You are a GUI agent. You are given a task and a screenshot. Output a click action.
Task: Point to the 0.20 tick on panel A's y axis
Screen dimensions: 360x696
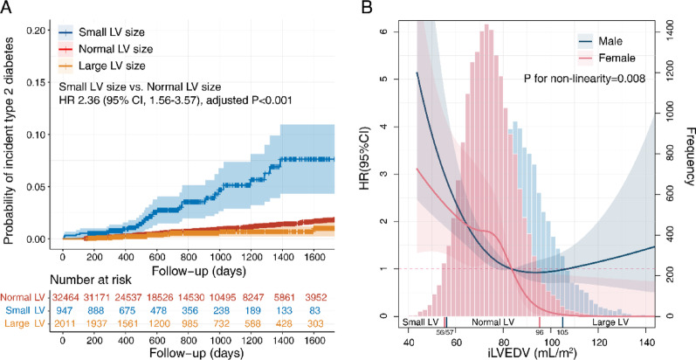pos(36,31)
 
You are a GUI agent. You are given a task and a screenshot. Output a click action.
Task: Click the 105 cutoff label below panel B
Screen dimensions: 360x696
pos(563,333)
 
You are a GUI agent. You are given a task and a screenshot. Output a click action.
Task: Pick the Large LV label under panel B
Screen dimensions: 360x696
pos(613,322)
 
